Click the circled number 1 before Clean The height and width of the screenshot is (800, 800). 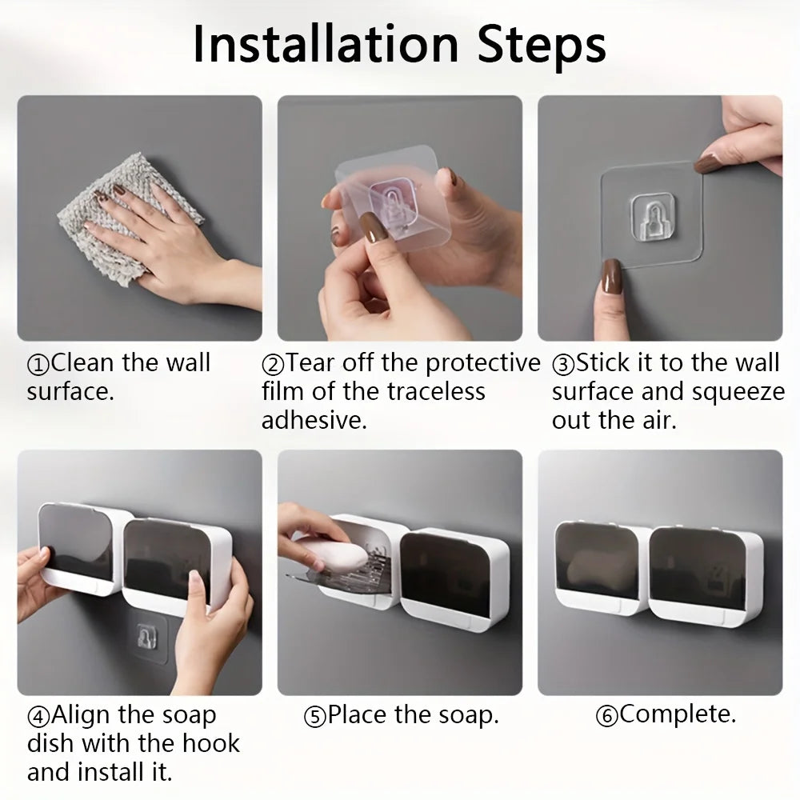click(x=38, y=364)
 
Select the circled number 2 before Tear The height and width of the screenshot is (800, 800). click(x=273, y=365)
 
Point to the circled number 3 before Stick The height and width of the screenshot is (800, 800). click(x=563, y=365)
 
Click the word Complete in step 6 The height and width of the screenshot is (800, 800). click(x=678, y=714)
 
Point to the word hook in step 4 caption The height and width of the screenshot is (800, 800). click(x=211, y=742)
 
